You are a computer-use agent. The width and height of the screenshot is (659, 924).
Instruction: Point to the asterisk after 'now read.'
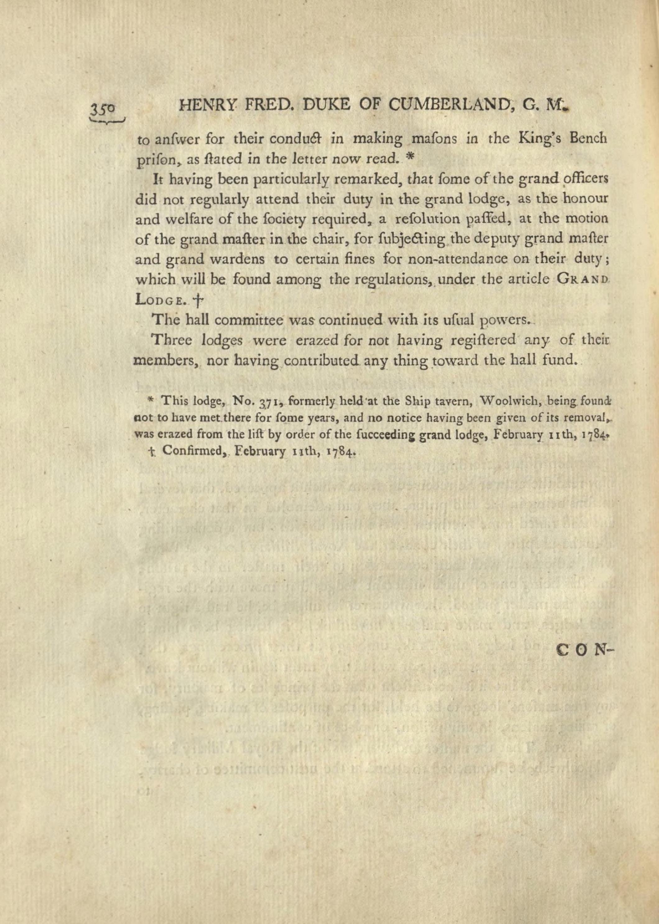(x=409, y=158)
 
